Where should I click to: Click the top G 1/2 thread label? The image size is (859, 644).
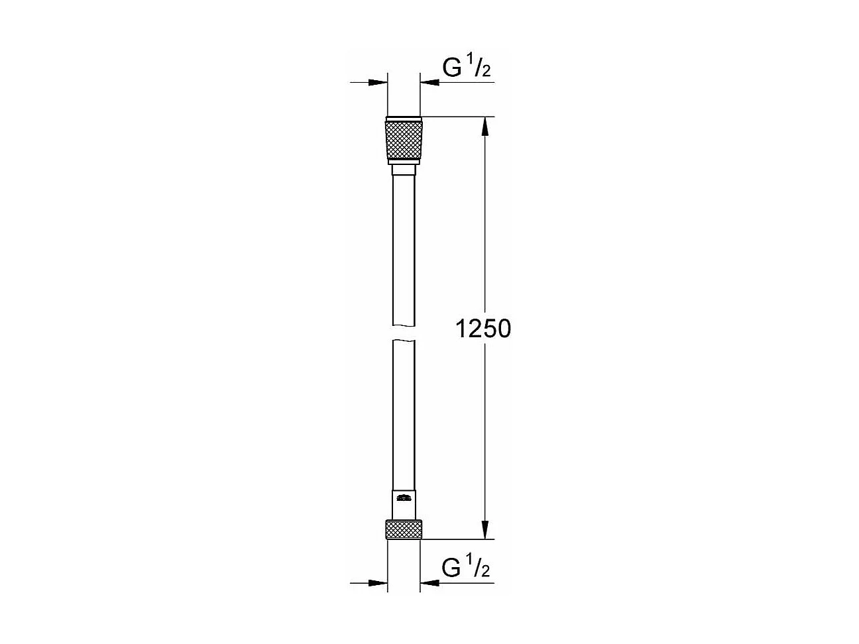click(x=466, y=68)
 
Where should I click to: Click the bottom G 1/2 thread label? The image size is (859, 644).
click(x=466, y=568)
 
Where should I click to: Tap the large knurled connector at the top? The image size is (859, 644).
click(x=403, y=139)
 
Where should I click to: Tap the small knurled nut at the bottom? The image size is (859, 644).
click(x=403, y=529)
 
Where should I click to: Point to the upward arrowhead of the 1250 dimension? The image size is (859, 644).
click(x=487, y=126)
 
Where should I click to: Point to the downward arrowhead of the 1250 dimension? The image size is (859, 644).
click(x=487, y=530)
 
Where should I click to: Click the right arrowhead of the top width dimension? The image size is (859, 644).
click(x=429, y=83)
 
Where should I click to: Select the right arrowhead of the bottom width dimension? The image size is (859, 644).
click(x=429, y=583)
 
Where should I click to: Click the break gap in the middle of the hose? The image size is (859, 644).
click(x=403, y=333)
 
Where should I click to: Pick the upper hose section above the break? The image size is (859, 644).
click(x=403, y=252)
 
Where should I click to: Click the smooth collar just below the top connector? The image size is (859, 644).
click(x=403, y=170)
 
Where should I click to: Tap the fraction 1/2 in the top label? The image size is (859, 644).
click(x=482, y=68)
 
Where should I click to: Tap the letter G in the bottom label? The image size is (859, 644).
click(x=451, y=568)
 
